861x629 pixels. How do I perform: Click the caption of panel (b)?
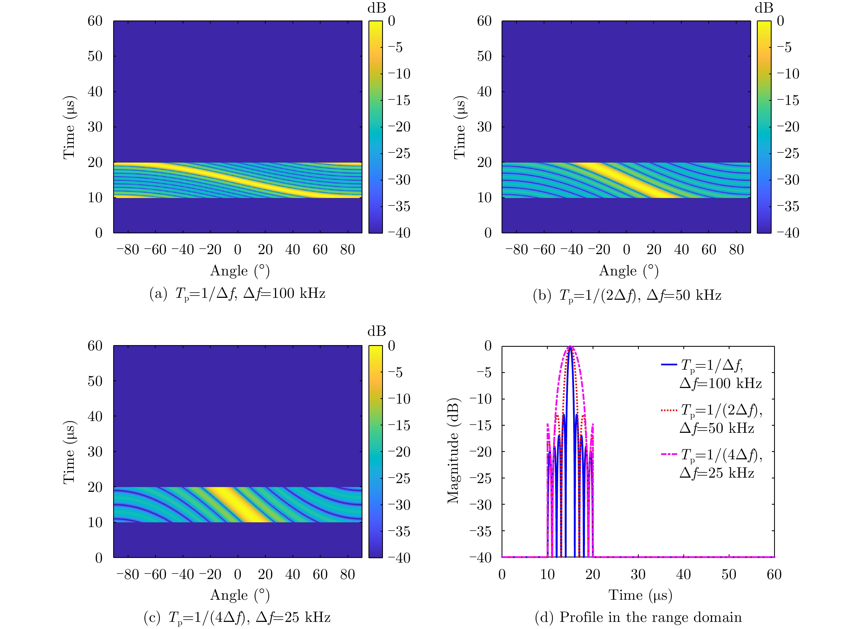pyautogui.click(x=627, y=295)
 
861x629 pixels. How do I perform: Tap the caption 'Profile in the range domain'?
pyautogui.click(x=638, y=617)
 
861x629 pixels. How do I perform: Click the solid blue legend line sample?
pyautogui.click(x=669, y=365)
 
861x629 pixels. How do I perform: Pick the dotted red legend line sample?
pyautogui.click(x=669, y=410)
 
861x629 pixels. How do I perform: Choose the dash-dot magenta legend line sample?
pyautogui.click(x=669, y=454)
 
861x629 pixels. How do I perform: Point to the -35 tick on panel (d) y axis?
pyautogui.click(x=480, y=531)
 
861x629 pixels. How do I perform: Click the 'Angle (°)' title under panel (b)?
pyautogui.click(x=628, y=271)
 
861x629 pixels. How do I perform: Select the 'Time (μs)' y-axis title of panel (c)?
pyautogui.click(x=69, y=452)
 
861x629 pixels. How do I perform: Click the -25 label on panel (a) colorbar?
pyautogui.click(x=399, y=154)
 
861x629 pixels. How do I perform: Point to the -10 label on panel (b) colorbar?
pyautogui.click(x=787, y=74)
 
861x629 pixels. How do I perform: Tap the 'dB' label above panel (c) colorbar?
pyautogui.click(x=376, y=331)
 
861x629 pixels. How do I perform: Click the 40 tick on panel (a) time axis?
pyautogui.click(x=95, y=91)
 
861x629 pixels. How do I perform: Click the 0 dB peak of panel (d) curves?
pyautogui.click(x=570, y=346)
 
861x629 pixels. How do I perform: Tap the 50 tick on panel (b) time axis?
pyautogui.click(x=484, y=56)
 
